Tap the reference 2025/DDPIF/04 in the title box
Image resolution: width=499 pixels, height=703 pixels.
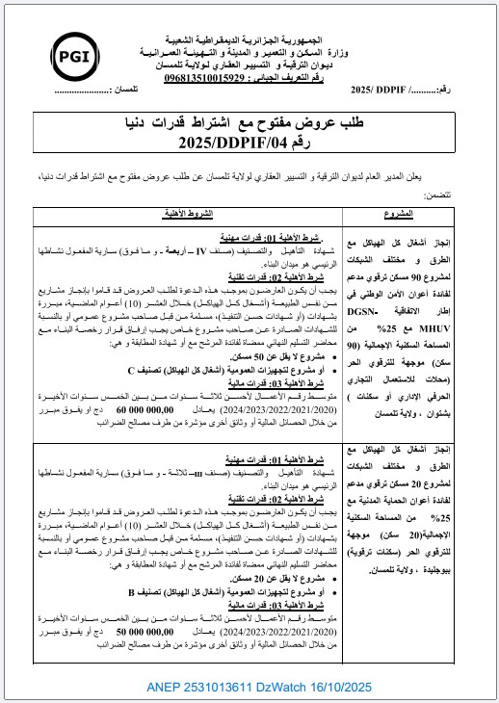pos(249,144)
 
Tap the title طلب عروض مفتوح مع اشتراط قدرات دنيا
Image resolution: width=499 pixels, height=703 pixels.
pos(249,125)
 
